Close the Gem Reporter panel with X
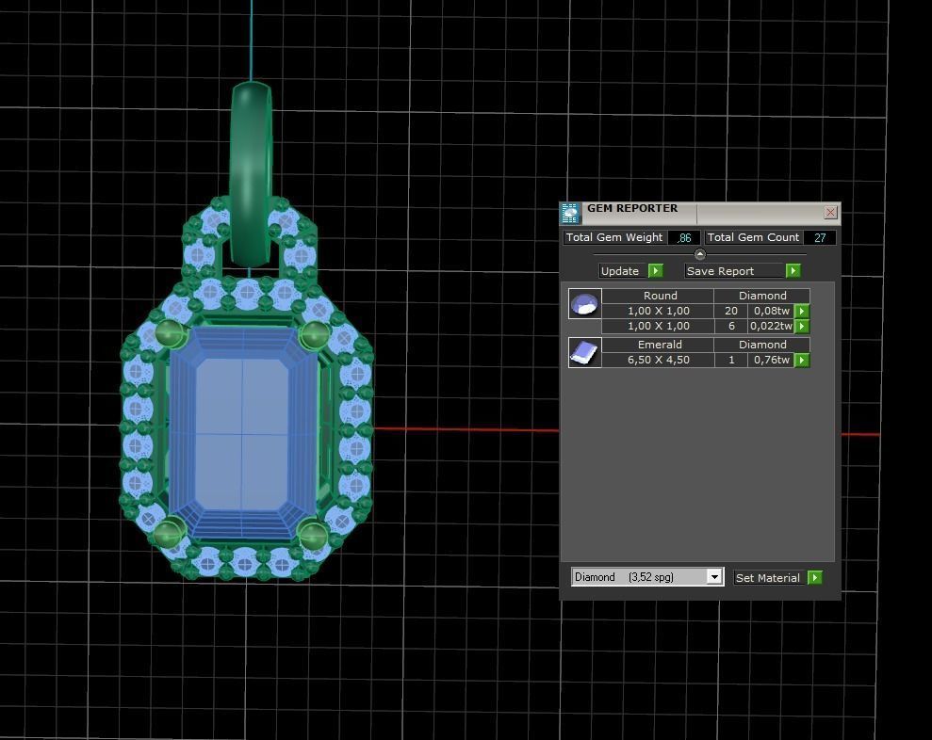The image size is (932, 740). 830,213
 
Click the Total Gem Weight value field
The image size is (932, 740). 684,238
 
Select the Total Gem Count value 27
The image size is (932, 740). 819,238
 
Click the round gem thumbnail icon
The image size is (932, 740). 584,304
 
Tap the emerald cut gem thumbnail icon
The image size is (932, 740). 584,352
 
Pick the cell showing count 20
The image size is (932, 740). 730,311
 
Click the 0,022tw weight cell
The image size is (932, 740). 771,326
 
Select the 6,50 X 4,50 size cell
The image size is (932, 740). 658,360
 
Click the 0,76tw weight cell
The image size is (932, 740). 771,360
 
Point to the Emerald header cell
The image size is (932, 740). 659,345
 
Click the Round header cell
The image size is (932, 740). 659,296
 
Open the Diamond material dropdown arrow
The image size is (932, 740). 714,577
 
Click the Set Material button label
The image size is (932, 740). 767,578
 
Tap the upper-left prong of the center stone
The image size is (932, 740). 169,332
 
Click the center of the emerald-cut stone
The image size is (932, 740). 242,434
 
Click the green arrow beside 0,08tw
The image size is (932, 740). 802,311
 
